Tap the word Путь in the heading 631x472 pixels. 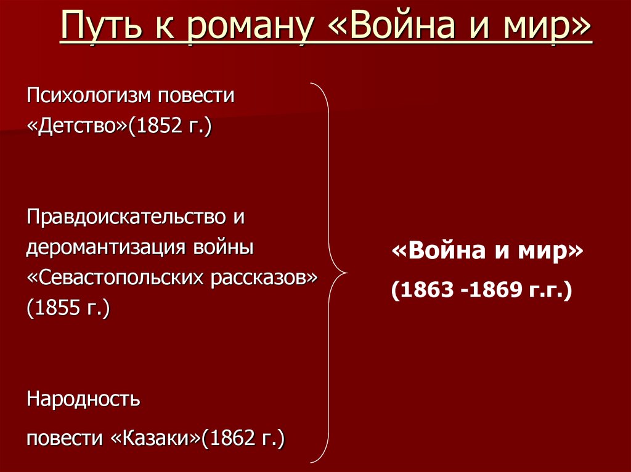(x=94, y=30)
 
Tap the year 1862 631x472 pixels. (x=230, y=438)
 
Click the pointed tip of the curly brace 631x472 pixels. (x=346, y=272)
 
